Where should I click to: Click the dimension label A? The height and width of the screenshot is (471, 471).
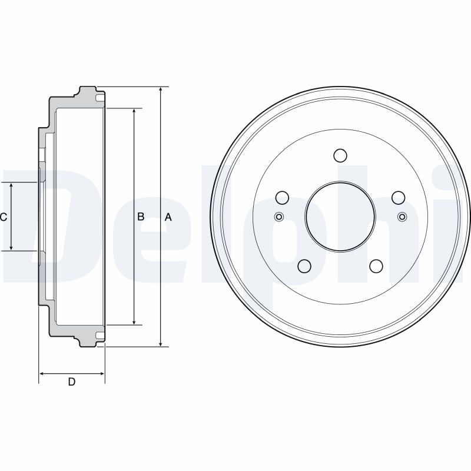(168, 217)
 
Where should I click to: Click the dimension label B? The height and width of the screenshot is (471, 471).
(141, 217)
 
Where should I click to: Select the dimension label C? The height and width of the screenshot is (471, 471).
(4, 217)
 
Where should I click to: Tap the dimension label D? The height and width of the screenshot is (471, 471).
(71, 382)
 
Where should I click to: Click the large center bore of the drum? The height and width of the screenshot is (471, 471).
(340, 216)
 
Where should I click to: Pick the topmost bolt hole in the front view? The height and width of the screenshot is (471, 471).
(340, 155)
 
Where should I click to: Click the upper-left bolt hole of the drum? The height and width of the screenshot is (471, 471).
(282, 198)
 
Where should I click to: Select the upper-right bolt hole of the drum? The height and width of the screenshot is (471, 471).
(399, 198)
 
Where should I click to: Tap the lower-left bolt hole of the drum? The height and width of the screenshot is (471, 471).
(304, 266)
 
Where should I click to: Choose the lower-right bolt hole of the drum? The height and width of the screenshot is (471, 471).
(376, 266)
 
